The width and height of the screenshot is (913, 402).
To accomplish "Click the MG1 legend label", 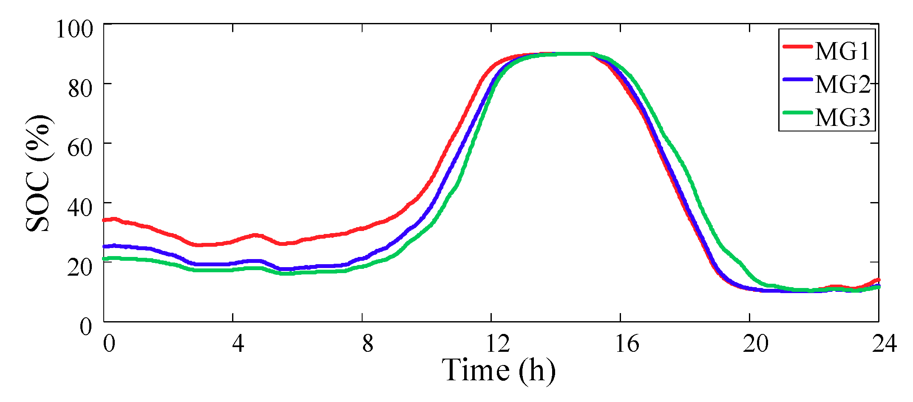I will click(x=842, y=51).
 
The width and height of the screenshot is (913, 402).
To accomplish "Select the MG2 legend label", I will click(x=842, y=84).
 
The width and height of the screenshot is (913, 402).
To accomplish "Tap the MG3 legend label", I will click(x=842, y=117).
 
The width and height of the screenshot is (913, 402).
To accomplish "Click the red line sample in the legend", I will click(x=798, y=46).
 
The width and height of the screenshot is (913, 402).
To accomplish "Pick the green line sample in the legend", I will click(x=798, y=112).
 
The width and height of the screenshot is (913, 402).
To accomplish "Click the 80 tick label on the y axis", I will click(x=80, y=88).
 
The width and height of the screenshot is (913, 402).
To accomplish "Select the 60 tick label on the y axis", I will click(x=80, y=148).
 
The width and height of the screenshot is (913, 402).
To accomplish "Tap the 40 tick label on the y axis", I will click(x=80, y=208).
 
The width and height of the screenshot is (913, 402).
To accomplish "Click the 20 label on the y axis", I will click(x=80, y=267).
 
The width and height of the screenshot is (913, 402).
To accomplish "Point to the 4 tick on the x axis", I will click(x=238, y=343).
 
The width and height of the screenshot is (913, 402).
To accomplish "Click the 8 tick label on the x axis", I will click(x=368, y=343).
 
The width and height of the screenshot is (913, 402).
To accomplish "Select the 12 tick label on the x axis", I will click(x=497, y=343).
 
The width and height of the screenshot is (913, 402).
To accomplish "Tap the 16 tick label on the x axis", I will click(x=627, y=343).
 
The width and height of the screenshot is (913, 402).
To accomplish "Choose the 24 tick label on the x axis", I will click(x=884, y=343).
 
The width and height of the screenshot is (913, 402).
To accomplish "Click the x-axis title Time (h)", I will click(x=498, y=370).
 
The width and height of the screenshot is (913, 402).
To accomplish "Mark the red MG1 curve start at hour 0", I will click(x=105, y=220).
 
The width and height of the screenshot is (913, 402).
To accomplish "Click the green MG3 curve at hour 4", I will click(x=233, y=270).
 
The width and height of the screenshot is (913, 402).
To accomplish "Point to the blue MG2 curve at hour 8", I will click(x=362, y=258).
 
